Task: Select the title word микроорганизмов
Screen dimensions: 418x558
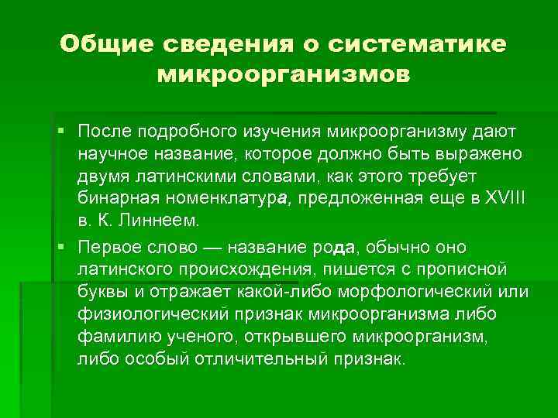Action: coord(283,76)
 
